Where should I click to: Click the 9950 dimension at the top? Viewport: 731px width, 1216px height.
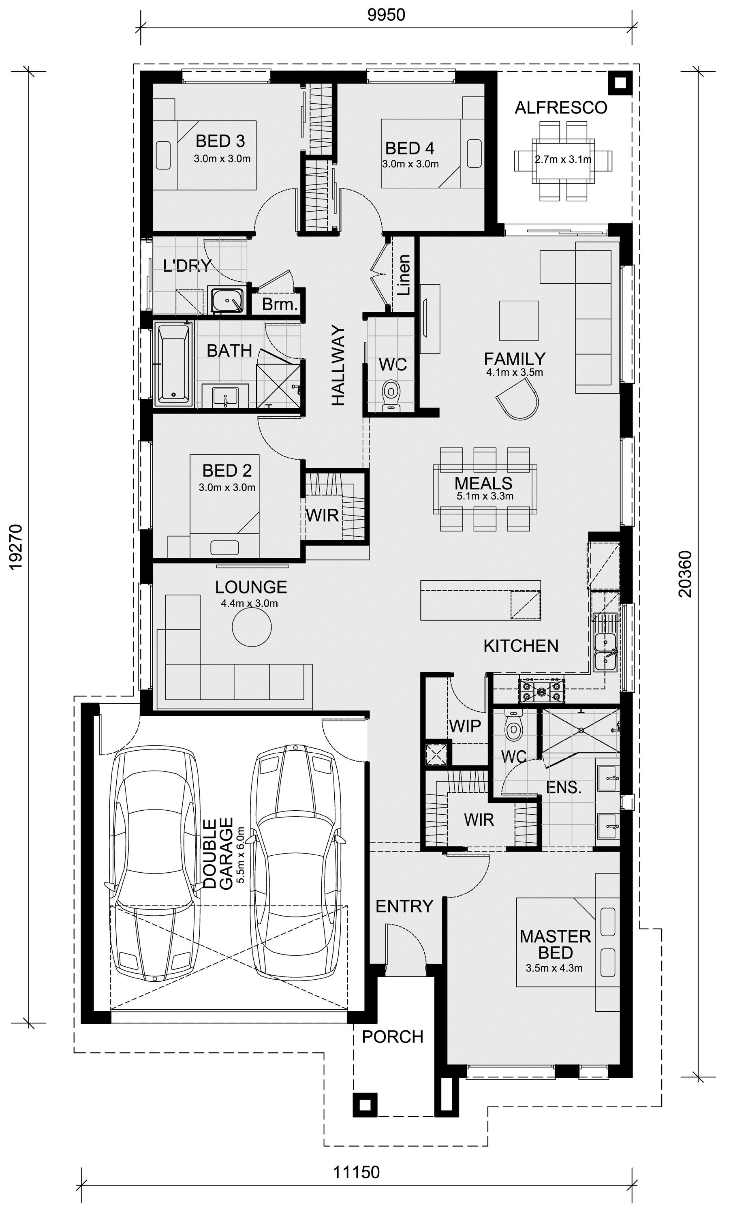(386, 15)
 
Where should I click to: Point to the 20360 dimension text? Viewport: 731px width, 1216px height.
(685, 574)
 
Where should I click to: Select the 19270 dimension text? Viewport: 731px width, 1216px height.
(16, 547)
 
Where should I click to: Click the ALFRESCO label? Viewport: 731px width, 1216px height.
(561, 107)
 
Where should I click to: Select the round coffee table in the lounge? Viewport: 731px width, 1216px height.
(252, 627)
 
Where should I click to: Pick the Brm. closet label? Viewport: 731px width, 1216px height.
(280, 304)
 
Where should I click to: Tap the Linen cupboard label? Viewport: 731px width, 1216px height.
(404, 275)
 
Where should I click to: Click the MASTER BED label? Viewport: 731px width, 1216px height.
(555, 944)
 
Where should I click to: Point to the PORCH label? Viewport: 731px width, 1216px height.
(393, 1037)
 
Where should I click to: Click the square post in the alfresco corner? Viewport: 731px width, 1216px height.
(620, 82)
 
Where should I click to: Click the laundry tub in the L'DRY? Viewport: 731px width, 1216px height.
(228, 299)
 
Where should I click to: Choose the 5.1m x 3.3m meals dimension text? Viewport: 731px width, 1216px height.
(485, 496)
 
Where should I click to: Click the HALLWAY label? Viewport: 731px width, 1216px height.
(338, 365)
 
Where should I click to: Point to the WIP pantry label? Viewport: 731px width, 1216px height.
(465, 726)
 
